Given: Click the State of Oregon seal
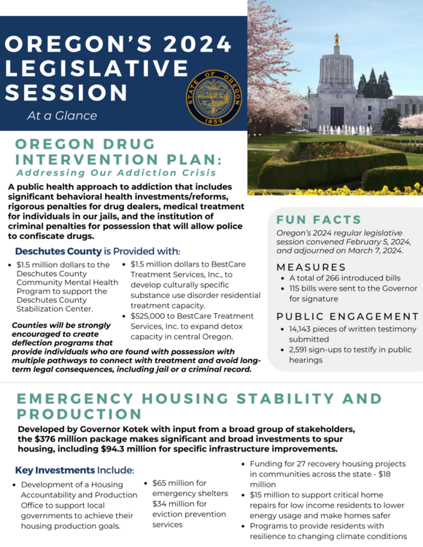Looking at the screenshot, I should point(213,99).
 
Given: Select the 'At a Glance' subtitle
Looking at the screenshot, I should point(62,115).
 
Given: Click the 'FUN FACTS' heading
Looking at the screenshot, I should point(319,219).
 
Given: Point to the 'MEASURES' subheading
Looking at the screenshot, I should point(311,267).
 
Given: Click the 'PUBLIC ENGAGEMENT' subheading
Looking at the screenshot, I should point(348,316).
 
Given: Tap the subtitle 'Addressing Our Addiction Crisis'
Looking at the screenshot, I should point(116,173).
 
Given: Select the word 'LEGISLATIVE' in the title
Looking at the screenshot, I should point(96,68).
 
